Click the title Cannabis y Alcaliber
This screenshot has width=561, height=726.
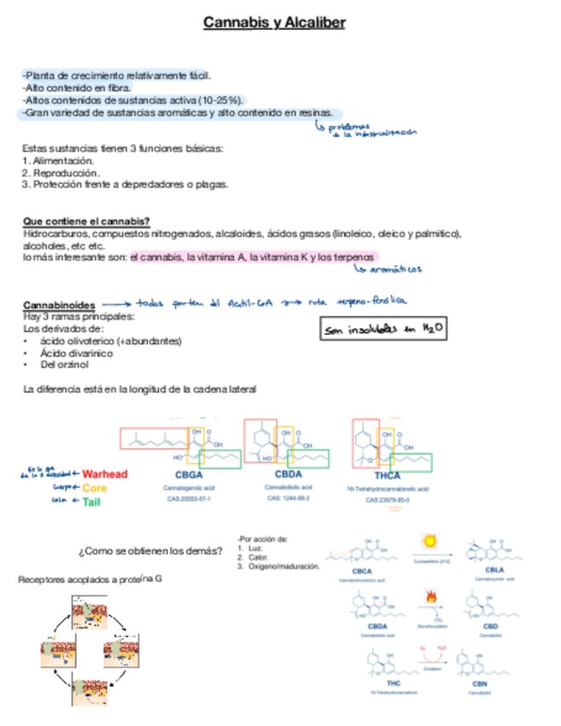pyautogui.click(x=275, y=23)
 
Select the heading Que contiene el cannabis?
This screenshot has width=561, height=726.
pyautogui.click(x=86, y=221)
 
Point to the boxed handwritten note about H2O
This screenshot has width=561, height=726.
pyautogui.click(x=384, y=329)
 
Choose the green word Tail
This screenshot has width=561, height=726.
pyautogui.click(x=91, y=502)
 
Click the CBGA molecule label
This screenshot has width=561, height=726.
pyautogui.click(x=188, y=475)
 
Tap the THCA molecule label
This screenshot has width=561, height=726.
pyautogui.click(x=387, y=476)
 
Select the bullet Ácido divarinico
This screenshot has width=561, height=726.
pyautogui.click(x=75, y=353)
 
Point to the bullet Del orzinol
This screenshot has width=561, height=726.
pyautogui.click(x=64, y=365)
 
